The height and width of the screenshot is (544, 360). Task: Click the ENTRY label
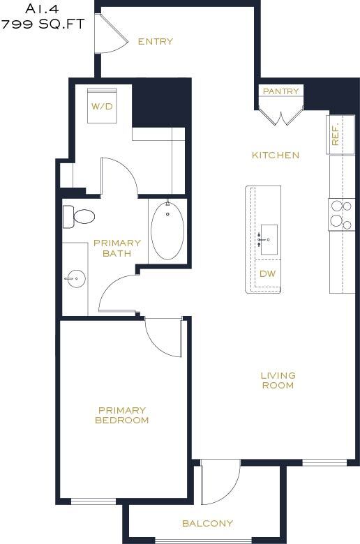155,42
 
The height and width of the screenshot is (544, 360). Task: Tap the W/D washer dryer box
102,107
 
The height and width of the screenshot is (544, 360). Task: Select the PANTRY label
280,91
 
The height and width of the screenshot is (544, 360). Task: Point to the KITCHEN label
276,155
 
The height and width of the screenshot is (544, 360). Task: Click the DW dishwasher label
267,273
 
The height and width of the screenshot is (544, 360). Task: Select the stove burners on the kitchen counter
341,214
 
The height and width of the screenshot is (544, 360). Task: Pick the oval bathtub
167,231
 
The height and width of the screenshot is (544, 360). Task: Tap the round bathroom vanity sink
75,279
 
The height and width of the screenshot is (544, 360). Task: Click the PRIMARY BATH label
117,248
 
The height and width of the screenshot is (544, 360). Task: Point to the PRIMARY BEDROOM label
122,416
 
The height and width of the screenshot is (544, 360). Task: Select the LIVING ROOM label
278,380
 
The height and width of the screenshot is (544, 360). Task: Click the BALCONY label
207,523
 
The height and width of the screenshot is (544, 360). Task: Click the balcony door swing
220,483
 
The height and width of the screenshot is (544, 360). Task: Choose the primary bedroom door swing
163,338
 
